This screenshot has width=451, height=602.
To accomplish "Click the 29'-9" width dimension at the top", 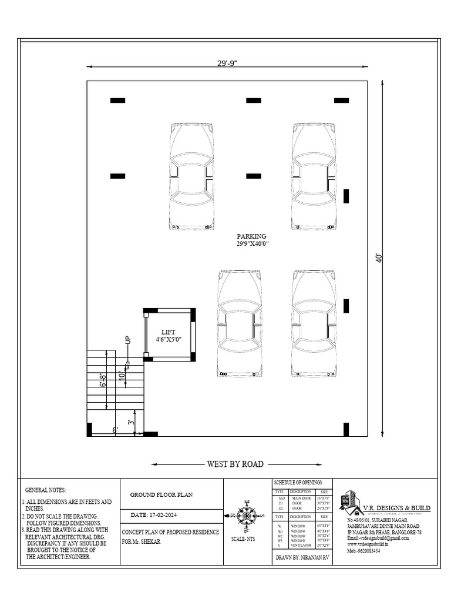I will (227, 62).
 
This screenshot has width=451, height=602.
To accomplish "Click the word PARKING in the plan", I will (251, 236).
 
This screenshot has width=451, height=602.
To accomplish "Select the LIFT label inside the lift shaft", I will (168, 333).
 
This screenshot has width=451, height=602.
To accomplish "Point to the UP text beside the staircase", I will (127, 340).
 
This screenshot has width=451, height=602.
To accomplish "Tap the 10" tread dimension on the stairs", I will (122, 374).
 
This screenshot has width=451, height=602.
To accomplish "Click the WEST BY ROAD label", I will (235, 464).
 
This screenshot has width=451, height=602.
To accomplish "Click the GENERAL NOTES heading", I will (46, 490).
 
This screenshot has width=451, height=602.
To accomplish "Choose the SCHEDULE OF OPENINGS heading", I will (298, 482).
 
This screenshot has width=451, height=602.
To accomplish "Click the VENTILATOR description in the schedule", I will (300, 546).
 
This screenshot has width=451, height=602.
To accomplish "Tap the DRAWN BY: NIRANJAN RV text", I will (302, 556).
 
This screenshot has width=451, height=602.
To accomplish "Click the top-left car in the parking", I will (191, 176).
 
